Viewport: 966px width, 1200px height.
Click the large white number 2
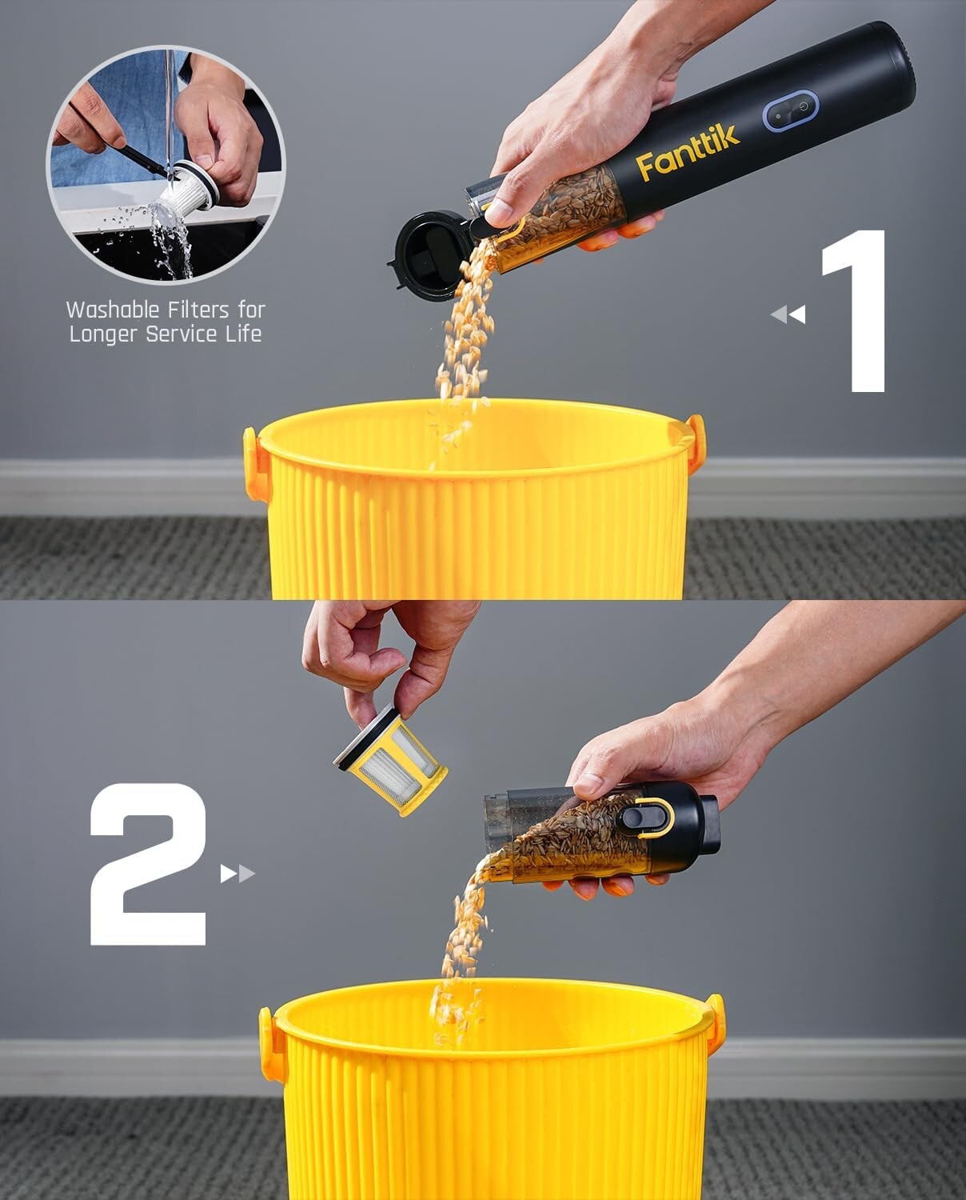[x=149, y=864]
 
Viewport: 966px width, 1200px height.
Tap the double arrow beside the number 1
[x=788, y=314]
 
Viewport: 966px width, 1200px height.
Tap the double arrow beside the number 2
[x=238, y=874]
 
